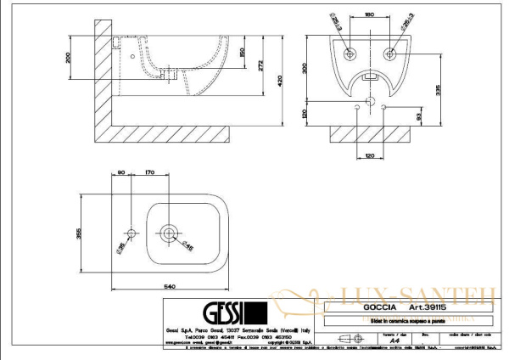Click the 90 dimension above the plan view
pos(122,173)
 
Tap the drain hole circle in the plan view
pos(170,232)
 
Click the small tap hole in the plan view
pos(131,233)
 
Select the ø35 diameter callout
pos(120,247)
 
